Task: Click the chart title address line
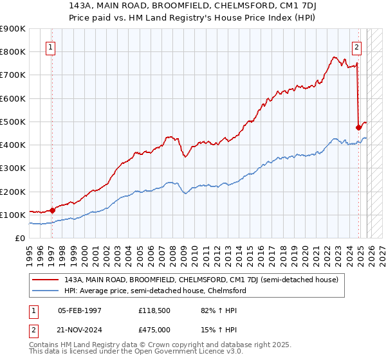click(x=193, y=6)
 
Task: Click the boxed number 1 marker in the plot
click(x=51, y=46)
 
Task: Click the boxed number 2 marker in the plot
click(x=357, y=46)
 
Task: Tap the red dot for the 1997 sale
click(x=53, y=210)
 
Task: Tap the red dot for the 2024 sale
click(x=358, y=127)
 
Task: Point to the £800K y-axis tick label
click(x=13, y=51)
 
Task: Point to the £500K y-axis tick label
click(x=13, y=122)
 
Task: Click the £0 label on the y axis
click(x=19, y=238)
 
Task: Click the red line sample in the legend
click(x=46, y=280)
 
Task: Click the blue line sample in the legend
click(x=46, y=291)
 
